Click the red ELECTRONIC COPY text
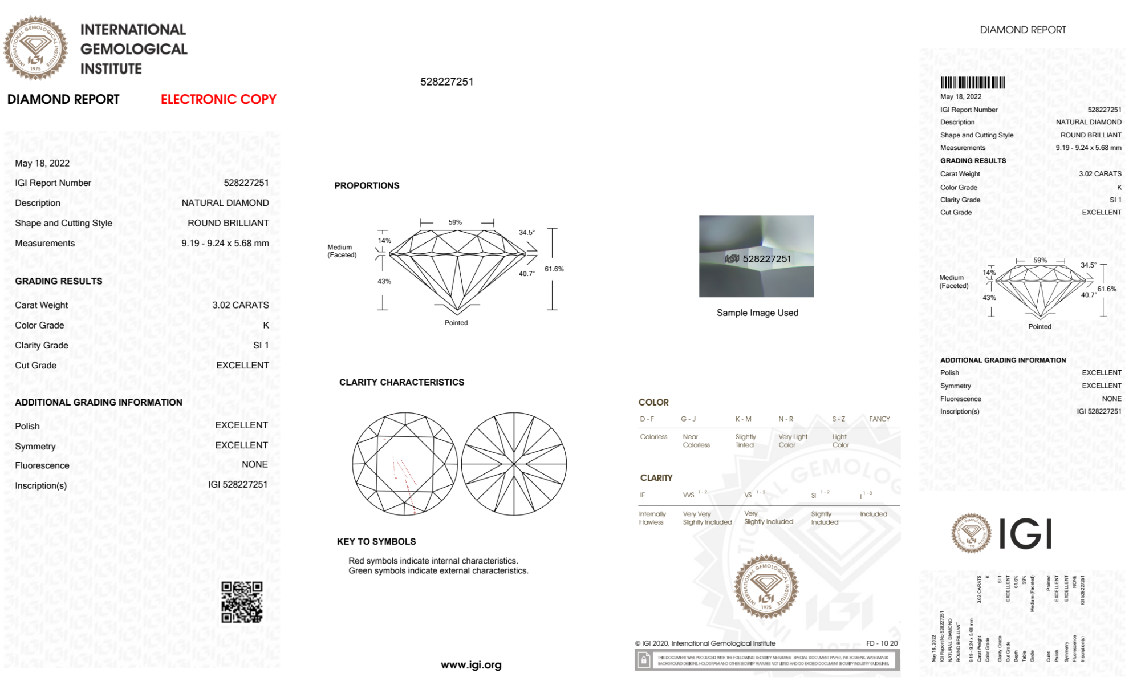(x=218, y=99)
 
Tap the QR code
(x=242, y=602)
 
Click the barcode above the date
(x=972, y=82)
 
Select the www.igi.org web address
(x=471, y=665)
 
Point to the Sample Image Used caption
(x=757, y=313)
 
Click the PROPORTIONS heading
(x=367, y=185)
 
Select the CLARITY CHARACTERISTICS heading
(x=401, y=382)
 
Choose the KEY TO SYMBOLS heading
(x=376, y=541)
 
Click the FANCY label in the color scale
(x=879, y=419)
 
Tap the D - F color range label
(x=647, y=419)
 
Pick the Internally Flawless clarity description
(x=652, y=518)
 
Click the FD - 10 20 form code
(x=882, y=643)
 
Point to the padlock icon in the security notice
(x=644, y=660)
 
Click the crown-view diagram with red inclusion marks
(x=405, y=464)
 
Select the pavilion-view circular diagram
(x=514, y=464)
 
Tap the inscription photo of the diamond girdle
(x=756, y=256)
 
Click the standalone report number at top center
(x=446, y=82)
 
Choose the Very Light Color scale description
(x=793, y=441)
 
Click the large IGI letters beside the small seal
(x=1026, y=534)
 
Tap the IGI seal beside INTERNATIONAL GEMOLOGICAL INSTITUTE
(x=35, y=48)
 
